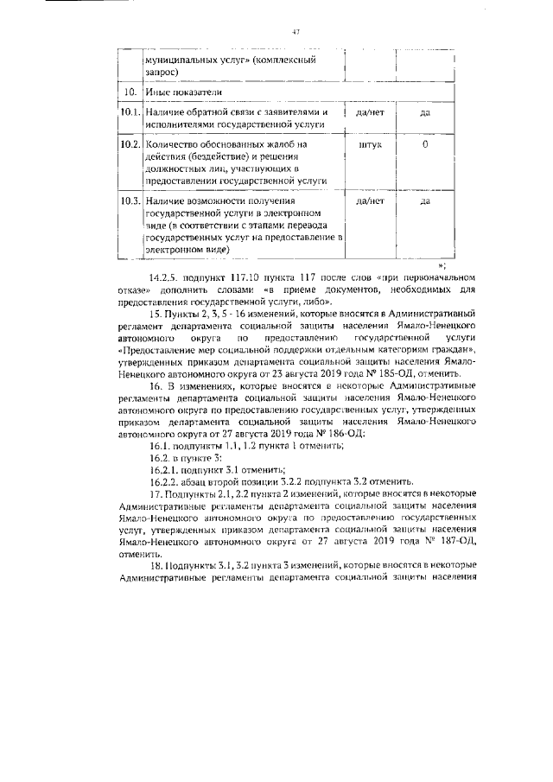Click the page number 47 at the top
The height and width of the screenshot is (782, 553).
pyautogui.click(x=295, y=32)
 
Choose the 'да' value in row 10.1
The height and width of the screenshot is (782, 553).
pyautogui.click(x=424, y=112)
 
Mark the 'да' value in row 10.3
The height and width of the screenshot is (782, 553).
pyautogui.click(x=424, y=200)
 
